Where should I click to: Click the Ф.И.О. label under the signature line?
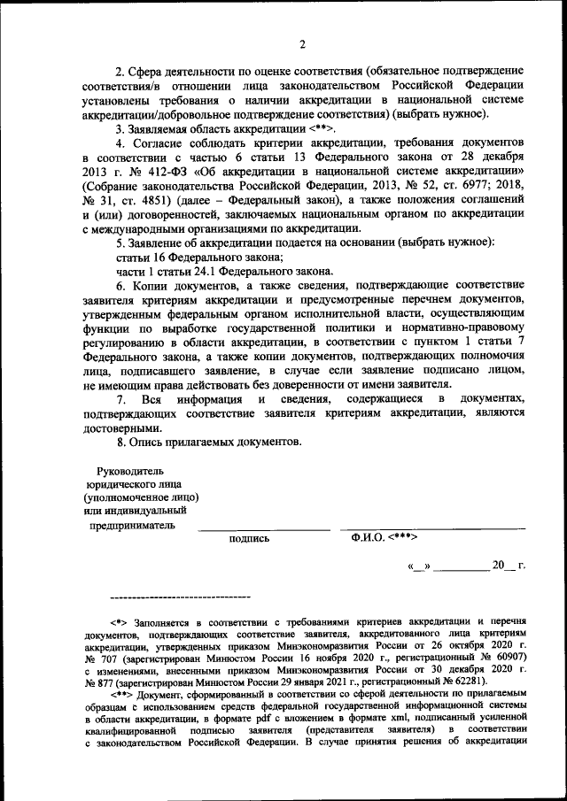coord(366,537)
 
